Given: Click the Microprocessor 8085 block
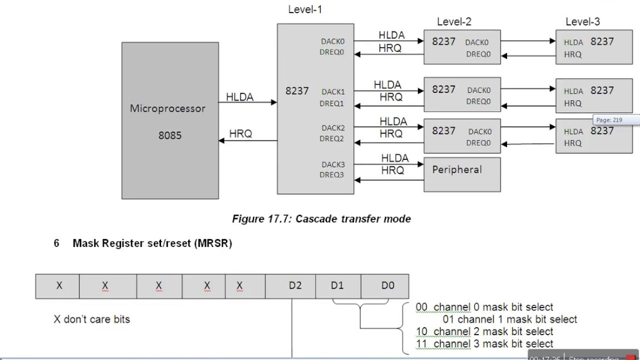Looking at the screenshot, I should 170,120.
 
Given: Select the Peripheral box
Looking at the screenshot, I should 462,174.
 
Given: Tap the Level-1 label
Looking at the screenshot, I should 305,9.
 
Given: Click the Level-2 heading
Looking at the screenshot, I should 454,21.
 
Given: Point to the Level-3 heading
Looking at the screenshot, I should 582,21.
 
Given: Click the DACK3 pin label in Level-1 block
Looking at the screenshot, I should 333,164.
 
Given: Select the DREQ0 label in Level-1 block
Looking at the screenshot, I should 332,52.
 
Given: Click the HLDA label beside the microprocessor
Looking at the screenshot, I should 240,97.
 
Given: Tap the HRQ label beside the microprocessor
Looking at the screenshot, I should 240,134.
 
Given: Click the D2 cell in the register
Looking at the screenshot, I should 295,286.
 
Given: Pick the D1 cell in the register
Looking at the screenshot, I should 337,286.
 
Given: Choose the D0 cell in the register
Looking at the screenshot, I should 387,286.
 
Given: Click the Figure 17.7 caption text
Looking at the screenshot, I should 321,219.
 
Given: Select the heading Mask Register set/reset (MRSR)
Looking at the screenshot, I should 152,243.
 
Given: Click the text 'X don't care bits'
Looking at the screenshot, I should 91,319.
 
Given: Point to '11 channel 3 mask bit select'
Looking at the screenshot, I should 484,344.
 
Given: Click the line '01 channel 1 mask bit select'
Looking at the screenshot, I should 509,319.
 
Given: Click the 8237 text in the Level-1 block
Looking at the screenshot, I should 297,91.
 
